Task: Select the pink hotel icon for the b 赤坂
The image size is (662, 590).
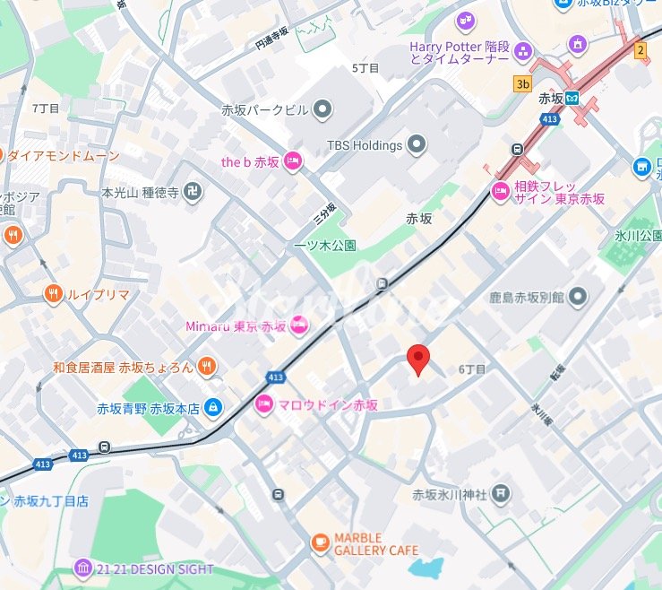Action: (292, 161)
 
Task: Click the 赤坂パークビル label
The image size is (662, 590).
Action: (264, 109)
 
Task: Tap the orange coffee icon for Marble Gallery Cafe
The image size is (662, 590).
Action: (320, 542)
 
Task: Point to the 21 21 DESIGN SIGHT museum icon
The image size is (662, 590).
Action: (83, 568)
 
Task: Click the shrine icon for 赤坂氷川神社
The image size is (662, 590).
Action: (503, 493)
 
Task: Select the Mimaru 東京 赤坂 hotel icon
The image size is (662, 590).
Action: (300, 325)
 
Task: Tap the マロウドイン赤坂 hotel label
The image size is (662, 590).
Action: (329, 405)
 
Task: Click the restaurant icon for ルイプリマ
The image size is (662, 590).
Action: (54, 293)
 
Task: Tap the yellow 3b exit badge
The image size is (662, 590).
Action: (521, 83)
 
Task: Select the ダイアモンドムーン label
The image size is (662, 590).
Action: (63, 155)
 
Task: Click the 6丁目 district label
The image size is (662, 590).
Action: (471, 369)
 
